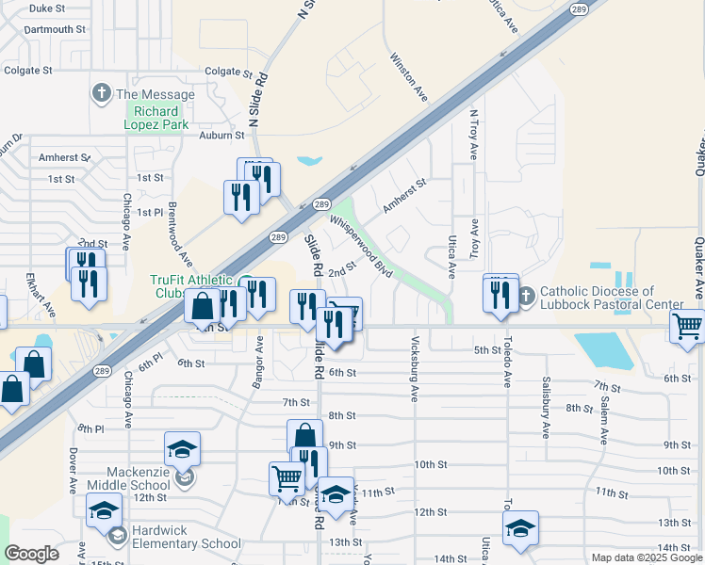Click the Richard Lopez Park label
(x=157, y=118)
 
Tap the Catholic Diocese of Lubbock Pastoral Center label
(x=610, y=298)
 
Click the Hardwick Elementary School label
(x=186, y=537)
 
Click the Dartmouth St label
(x=55, y=29)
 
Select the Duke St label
(x=46, y=8)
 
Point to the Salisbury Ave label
(x=546, y=407)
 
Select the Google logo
(x=31, y=554)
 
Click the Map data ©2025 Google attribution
(x=647, y=557)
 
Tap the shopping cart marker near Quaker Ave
(x=688, y=327)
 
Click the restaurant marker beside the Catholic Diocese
(x=497, y=295)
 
